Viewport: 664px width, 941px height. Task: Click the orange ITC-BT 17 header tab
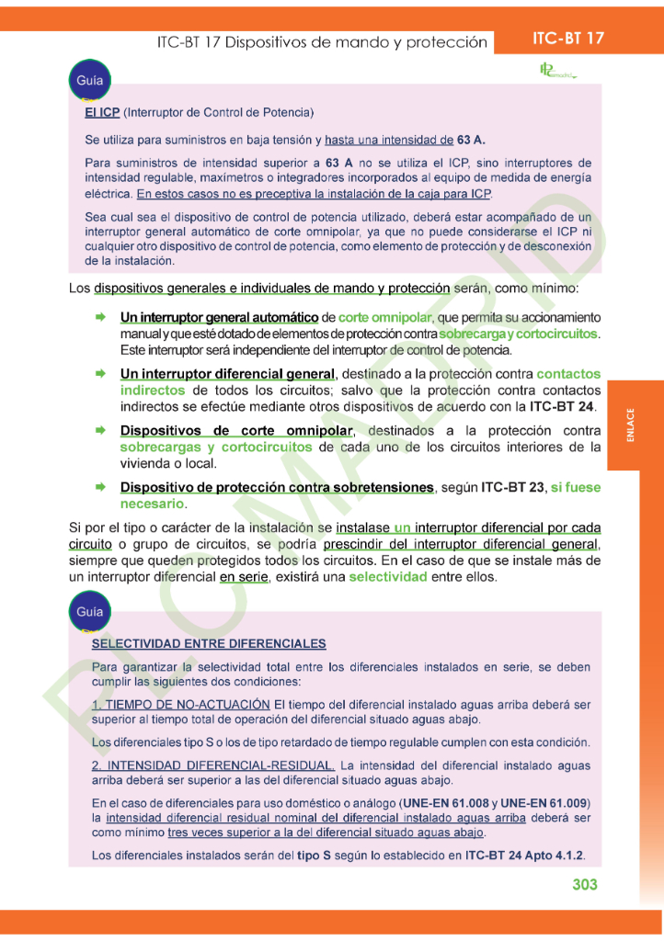568,39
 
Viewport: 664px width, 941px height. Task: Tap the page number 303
584,884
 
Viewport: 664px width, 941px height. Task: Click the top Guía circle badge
89,82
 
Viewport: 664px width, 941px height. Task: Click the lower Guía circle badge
89,611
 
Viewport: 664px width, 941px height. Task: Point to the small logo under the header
556,71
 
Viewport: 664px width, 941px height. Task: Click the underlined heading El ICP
102,113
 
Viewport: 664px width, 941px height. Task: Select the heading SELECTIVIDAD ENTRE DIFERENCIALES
209,643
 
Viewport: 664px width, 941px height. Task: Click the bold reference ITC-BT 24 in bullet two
563,406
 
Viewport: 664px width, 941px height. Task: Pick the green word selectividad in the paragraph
388,577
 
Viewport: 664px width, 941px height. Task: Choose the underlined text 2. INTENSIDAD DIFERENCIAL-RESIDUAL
213,765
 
